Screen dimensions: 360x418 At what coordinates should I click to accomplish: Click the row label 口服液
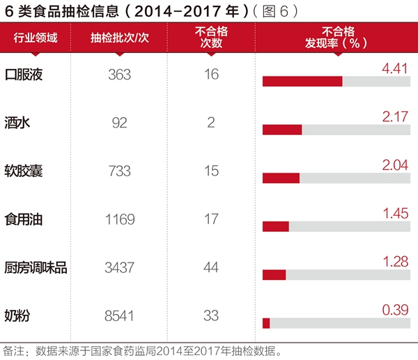pyautogui.click(x=24, y=75)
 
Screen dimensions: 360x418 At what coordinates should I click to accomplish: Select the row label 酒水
pyautogui.click(x=18, y=123)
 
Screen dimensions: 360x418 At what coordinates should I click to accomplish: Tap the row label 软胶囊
pyautogui.click(x=24, y=171)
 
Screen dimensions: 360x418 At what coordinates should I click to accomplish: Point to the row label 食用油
pyautogui.click(x=24, y=219)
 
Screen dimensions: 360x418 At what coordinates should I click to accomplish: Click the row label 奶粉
pyautogui.click(x=18, y=315)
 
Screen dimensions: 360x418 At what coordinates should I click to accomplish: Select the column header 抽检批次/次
pyautogui.click(x=120, y=38)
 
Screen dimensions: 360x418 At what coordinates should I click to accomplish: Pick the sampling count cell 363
pyautogui.click(x=120, y=75)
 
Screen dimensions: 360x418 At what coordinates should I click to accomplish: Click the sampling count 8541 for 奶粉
pyautogui.click(x=120, y=315)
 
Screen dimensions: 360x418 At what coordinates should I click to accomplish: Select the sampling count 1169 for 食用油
pyautogui.click(x=120, y=219)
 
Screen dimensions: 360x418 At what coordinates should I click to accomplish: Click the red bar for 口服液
pyautogui.click(x=302, y=81)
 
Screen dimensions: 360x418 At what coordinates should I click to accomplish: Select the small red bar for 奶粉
pyautogui.click(x=266, y=322)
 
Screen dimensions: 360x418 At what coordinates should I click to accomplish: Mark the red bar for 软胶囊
pyautogui.click(x=281, y=178)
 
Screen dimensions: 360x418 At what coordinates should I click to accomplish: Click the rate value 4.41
pyautogui.click(x=394, y=68)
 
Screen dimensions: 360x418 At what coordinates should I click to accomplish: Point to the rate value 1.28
pyautogui.click(x=394, y=261)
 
